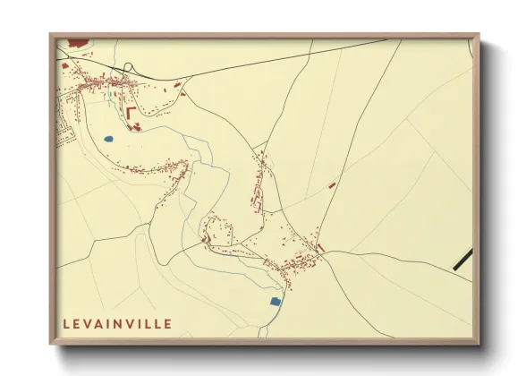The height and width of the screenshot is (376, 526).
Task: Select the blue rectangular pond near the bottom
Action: (x=275, y=301)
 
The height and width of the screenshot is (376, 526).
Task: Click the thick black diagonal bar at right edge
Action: (x=463, y=260)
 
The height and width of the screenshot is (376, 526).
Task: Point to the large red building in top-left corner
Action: (x=78, y=42)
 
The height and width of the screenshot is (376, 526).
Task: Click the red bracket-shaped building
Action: (x=131, y=112)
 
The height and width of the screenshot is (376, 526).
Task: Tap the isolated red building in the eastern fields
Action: (x=332, y=184)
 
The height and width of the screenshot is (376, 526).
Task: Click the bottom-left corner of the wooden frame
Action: (x=50, y=343)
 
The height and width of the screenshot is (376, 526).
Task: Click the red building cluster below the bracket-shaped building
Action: (x=137, y=127)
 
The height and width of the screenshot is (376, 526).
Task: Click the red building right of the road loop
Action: (x=177, y=85)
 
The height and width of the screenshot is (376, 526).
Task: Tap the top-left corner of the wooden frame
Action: (x=50, y=35)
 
